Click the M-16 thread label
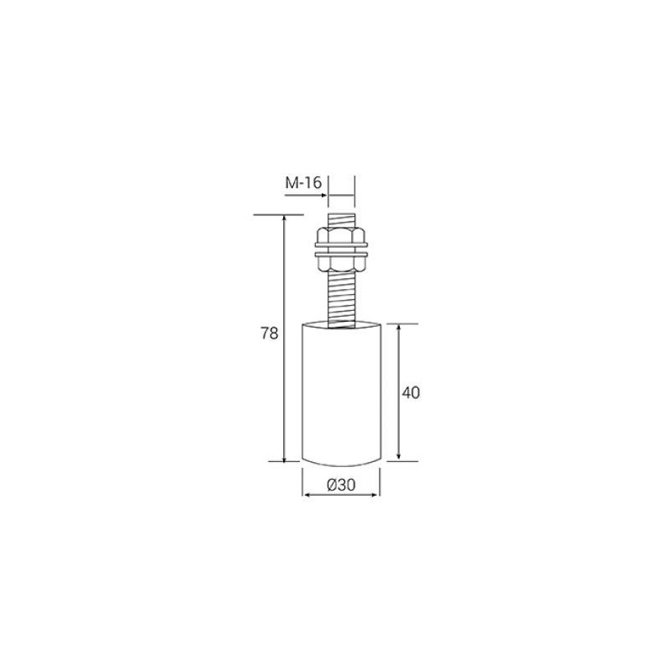(x=303, y=183)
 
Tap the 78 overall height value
(x=270, y=333)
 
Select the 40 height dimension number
(x=411, y=393)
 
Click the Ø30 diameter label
(x=341, y=485)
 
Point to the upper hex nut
(x=341, y=235)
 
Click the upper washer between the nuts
(x=341, y=245)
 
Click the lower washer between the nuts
(x=341, y=255)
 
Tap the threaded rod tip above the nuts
(x=341, y=221)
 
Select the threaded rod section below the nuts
(x=341, y=301)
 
